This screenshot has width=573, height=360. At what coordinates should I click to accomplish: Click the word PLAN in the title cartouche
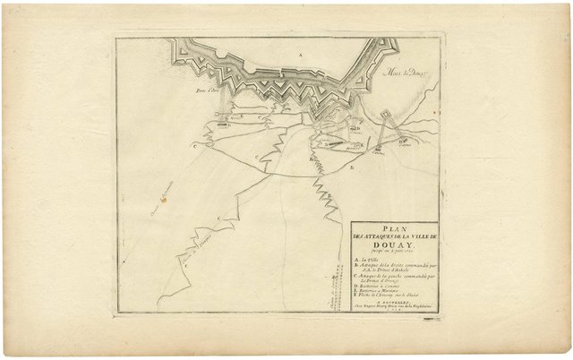[394, 227]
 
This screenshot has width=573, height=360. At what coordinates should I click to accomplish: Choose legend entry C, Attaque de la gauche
[394, 279]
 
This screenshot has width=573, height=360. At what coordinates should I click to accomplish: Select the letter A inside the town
[300, 56]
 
